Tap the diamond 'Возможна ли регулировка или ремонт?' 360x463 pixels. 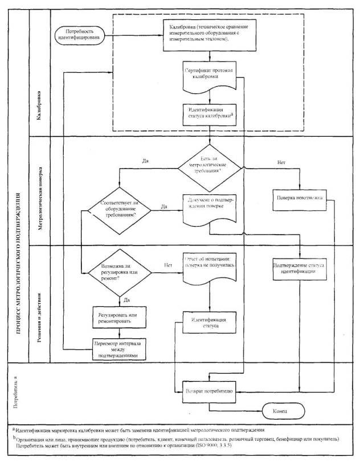pyautogui.click(x=118, y=270)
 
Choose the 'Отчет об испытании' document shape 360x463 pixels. pyautogui.click(x=210, y=266)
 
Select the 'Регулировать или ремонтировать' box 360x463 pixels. pyautogui.click(x=118, y=317)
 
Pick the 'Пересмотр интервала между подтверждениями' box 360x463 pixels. pyautogui.click(x=118, y=349)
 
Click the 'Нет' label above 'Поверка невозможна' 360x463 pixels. pyautogui.click(x=280, y=162)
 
